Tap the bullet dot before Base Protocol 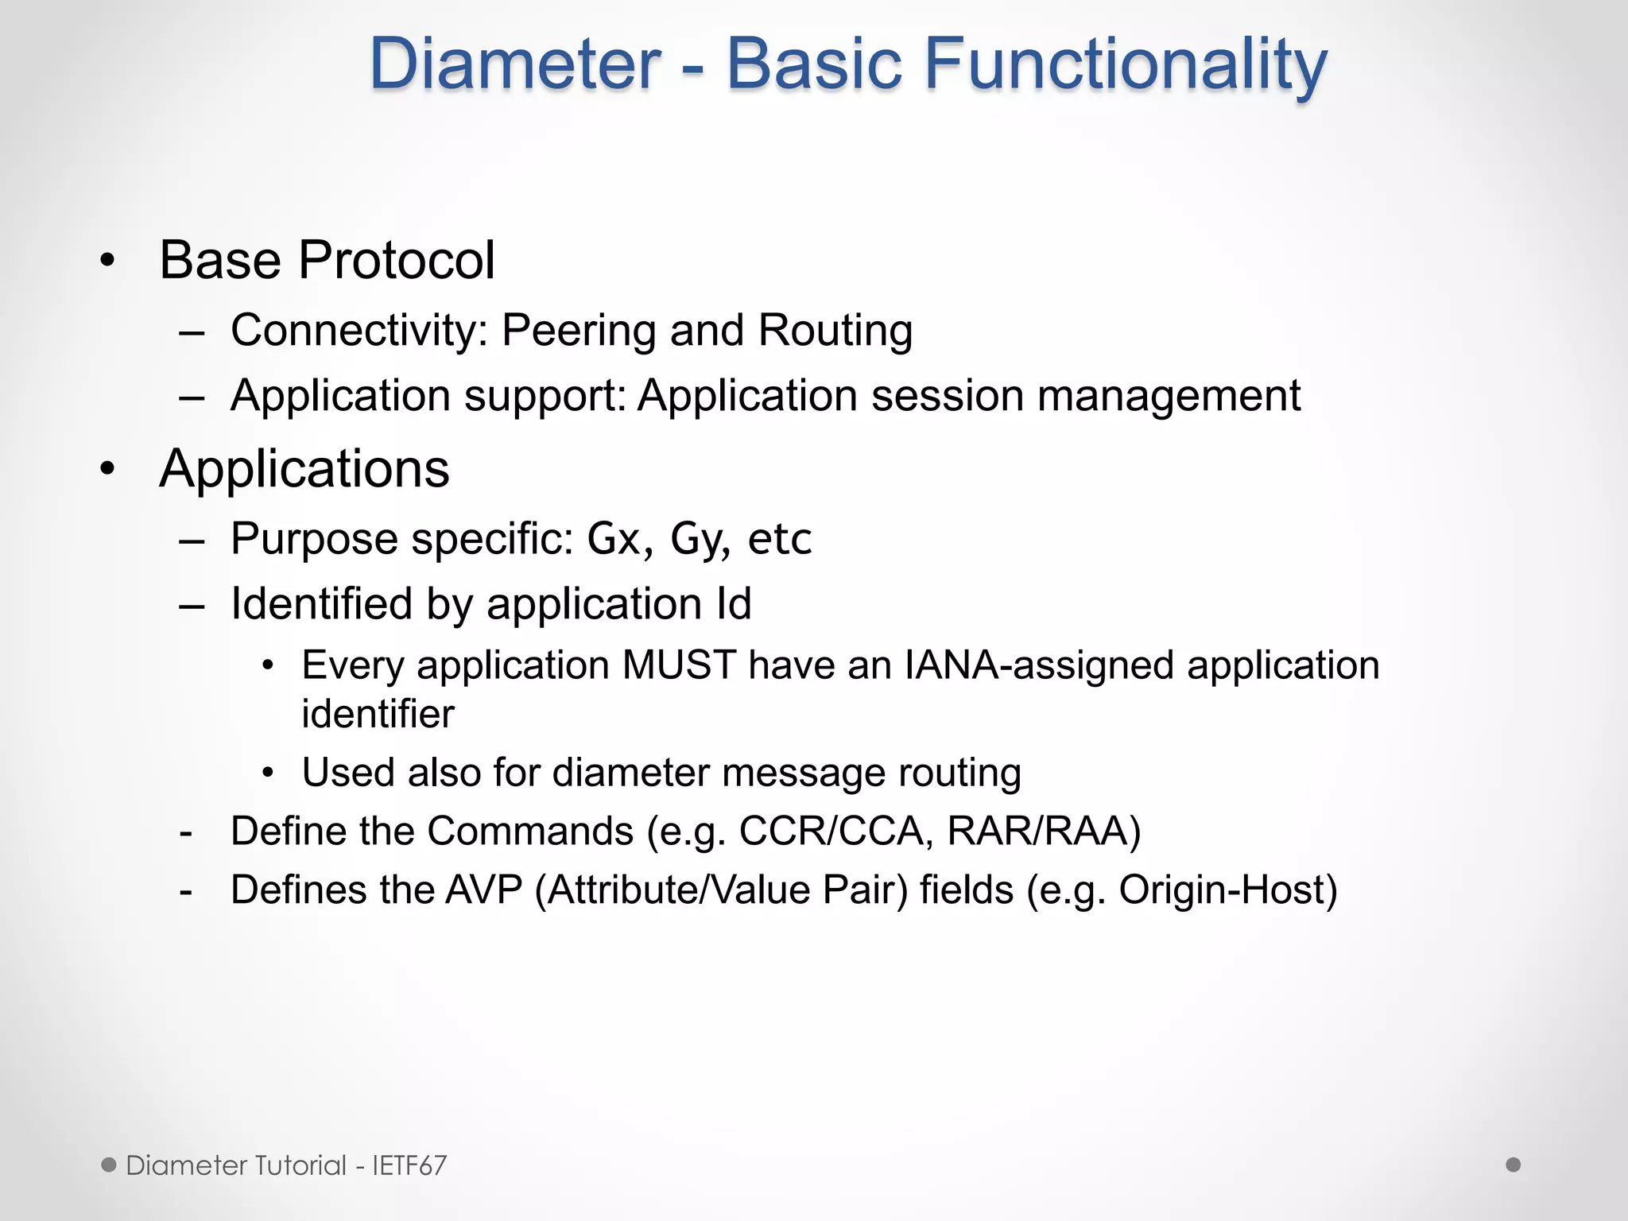pos(107,261)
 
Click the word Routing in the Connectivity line pos(835,331)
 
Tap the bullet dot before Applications pos(107,469)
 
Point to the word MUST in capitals pos(678,665)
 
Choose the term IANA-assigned pos(1038,665)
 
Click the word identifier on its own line pos(378,714)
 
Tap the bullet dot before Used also pos(269,773)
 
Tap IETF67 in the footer pos(409,1165)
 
